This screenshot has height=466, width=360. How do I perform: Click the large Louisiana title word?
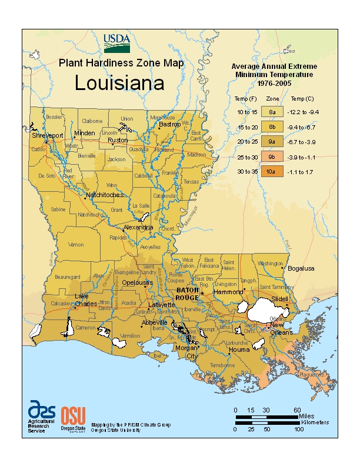[x=119, y=83]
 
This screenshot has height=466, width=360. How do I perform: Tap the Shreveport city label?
[x=48, y=135]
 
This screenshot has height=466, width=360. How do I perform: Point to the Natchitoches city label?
[x=105, y=194]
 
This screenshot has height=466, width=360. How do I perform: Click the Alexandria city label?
[x=138, y=227]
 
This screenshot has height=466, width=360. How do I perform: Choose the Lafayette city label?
[x=161, y=305]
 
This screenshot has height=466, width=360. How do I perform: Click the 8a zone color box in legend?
[x=272, y=111]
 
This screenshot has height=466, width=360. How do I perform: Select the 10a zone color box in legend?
[x=272, y=172]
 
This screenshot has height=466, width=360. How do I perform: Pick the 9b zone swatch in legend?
[x=272, y=157]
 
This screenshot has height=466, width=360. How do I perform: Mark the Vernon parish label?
[x=76, y=244]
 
